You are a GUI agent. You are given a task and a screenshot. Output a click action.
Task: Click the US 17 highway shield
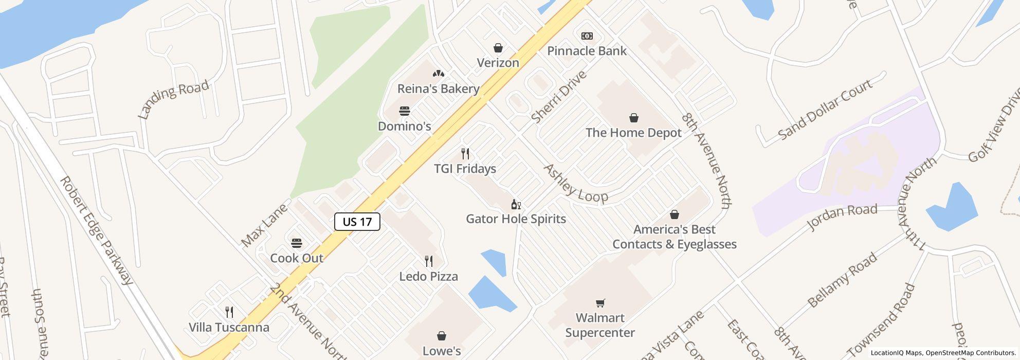pos(357,222)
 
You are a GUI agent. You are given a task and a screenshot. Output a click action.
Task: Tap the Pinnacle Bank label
pos(587,51)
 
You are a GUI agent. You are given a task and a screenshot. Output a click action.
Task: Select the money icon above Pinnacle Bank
pos(587,36)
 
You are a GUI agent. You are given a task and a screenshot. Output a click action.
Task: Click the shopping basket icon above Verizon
pos(498,48)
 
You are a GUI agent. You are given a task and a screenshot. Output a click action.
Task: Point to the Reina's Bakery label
pos(438,89)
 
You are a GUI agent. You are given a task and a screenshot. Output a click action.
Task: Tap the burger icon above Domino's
pos(405,111)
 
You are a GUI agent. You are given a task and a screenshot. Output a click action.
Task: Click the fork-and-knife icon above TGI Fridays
pos(465,154)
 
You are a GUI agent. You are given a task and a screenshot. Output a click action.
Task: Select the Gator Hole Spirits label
pos(516,219)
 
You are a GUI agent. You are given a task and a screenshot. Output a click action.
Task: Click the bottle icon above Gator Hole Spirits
pos(516,205)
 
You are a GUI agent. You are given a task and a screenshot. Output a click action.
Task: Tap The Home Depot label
pos(633,133)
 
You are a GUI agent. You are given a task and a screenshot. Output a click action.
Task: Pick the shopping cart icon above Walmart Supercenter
pos(600,303)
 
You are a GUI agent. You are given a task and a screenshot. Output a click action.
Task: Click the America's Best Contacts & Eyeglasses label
pos(674,237)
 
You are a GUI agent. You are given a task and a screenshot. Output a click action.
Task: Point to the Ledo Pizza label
pos(428,277)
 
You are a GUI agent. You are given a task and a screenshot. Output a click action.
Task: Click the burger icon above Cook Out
pos(297,243)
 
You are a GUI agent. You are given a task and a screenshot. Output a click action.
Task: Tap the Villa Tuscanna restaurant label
pos(229,328)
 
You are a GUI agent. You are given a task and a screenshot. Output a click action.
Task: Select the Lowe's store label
pos(441,351)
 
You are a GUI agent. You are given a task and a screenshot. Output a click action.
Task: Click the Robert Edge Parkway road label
pos(97,230)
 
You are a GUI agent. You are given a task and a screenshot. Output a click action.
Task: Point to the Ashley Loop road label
pos(575,184)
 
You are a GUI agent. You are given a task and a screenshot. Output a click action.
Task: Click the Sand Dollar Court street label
pos(825,110)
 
